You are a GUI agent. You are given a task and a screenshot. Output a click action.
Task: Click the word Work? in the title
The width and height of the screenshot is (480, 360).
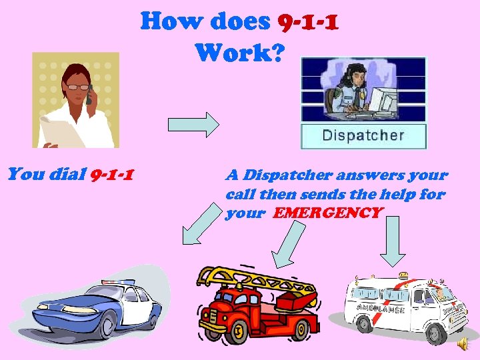pyautogui.click(x=240, y=52)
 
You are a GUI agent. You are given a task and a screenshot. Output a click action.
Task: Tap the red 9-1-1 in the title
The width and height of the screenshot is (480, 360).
pyautogui.click(x=307, y=23)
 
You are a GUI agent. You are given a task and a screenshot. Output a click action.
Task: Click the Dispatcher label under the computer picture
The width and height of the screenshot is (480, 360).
pyautogui.click(x=363, y=135)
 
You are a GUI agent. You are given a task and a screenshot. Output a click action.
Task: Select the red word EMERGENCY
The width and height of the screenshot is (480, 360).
pyautogui.click(x=328, y=214)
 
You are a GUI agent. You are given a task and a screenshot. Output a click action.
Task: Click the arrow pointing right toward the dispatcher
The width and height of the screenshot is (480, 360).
pyautogui.click(x=193, y=124)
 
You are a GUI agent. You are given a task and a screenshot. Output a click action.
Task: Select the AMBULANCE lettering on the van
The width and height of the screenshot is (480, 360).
pyautogui.click(x=382, y=308)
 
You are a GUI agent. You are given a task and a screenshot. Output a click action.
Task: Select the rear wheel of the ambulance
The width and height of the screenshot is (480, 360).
pyautogui.click(x=364, y=323)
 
